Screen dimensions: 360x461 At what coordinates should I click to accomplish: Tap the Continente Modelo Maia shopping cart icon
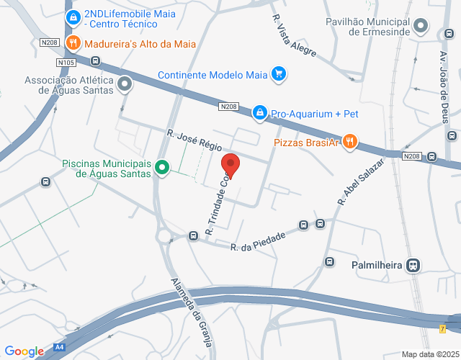coord(279,74)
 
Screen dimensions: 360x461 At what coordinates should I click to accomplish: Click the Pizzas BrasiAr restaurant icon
coord(349,142)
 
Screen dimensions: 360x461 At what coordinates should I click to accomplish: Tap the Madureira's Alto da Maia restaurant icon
coord(72,43)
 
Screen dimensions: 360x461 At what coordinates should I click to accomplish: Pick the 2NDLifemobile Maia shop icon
coord(72,17)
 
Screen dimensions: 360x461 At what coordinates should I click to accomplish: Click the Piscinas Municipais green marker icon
coord(163,168)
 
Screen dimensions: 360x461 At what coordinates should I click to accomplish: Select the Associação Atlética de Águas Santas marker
coord(125,85)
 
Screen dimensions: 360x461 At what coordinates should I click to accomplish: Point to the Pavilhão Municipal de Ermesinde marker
coord(421,27)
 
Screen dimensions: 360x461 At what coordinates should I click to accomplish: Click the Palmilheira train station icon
coord(413,265)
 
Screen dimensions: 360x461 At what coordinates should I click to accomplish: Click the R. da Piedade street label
coord(258,241)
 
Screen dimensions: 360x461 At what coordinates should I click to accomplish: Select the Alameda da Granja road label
coord(191,312)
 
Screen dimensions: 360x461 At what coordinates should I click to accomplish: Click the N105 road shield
coord(66,63)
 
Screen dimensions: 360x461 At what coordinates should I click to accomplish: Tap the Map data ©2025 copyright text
coord(429,354)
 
